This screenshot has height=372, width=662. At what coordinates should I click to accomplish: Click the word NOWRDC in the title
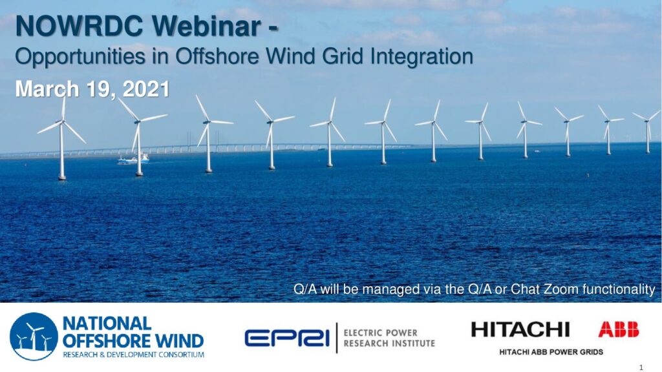coord(80,26)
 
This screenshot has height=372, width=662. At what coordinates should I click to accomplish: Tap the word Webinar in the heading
coord(207,26)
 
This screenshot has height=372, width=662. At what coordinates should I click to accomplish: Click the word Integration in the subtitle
coord(422,57)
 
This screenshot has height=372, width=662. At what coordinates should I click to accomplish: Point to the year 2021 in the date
coord(146,89)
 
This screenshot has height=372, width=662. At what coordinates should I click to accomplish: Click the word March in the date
coord(47,89)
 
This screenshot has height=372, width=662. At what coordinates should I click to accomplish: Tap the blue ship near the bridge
coord(133,159)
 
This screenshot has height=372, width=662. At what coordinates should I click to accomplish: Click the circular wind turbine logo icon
coord(34,336)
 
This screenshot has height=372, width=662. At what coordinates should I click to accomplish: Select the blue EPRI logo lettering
coord(287,338)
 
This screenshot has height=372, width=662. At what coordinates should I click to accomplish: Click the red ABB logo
coord(619,329)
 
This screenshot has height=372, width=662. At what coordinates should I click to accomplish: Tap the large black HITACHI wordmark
coord(520,329)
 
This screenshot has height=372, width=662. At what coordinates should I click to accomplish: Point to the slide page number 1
coord(641,367)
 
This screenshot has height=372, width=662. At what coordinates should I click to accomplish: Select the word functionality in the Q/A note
coord(619,289)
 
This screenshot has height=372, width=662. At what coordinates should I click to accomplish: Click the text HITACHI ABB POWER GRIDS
coord(551,352)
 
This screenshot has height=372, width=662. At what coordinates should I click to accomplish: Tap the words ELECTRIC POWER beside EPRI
coord(380,333)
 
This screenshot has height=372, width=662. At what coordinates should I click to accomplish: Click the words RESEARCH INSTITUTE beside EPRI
coord(389,344)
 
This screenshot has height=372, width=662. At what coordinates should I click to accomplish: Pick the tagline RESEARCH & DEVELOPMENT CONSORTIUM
coord(133,355)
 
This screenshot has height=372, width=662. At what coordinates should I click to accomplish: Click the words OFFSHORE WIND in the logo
coord(133,341)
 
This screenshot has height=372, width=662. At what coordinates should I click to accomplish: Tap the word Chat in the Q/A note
coord(525,289)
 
